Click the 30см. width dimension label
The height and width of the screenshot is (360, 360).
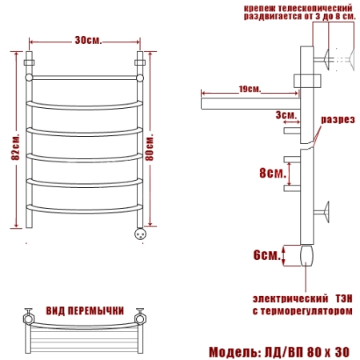click(x=88, y=40)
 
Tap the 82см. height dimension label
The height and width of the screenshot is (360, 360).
click(x=15, y=147)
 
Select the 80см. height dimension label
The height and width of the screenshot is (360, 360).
click(x=150, y=147)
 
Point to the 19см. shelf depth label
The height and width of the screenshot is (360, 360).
click(x=250, y=89)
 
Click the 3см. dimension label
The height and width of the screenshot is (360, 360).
click(x=286, y=115)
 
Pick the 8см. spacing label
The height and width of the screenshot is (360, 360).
click(x=273, y=173)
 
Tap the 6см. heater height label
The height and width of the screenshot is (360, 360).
click(x=267, y=255)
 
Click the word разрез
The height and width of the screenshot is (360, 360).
click(x=338, y=119)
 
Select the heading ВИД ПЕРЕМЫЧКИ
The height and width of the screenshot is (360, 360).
click(x=85, y=310)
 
